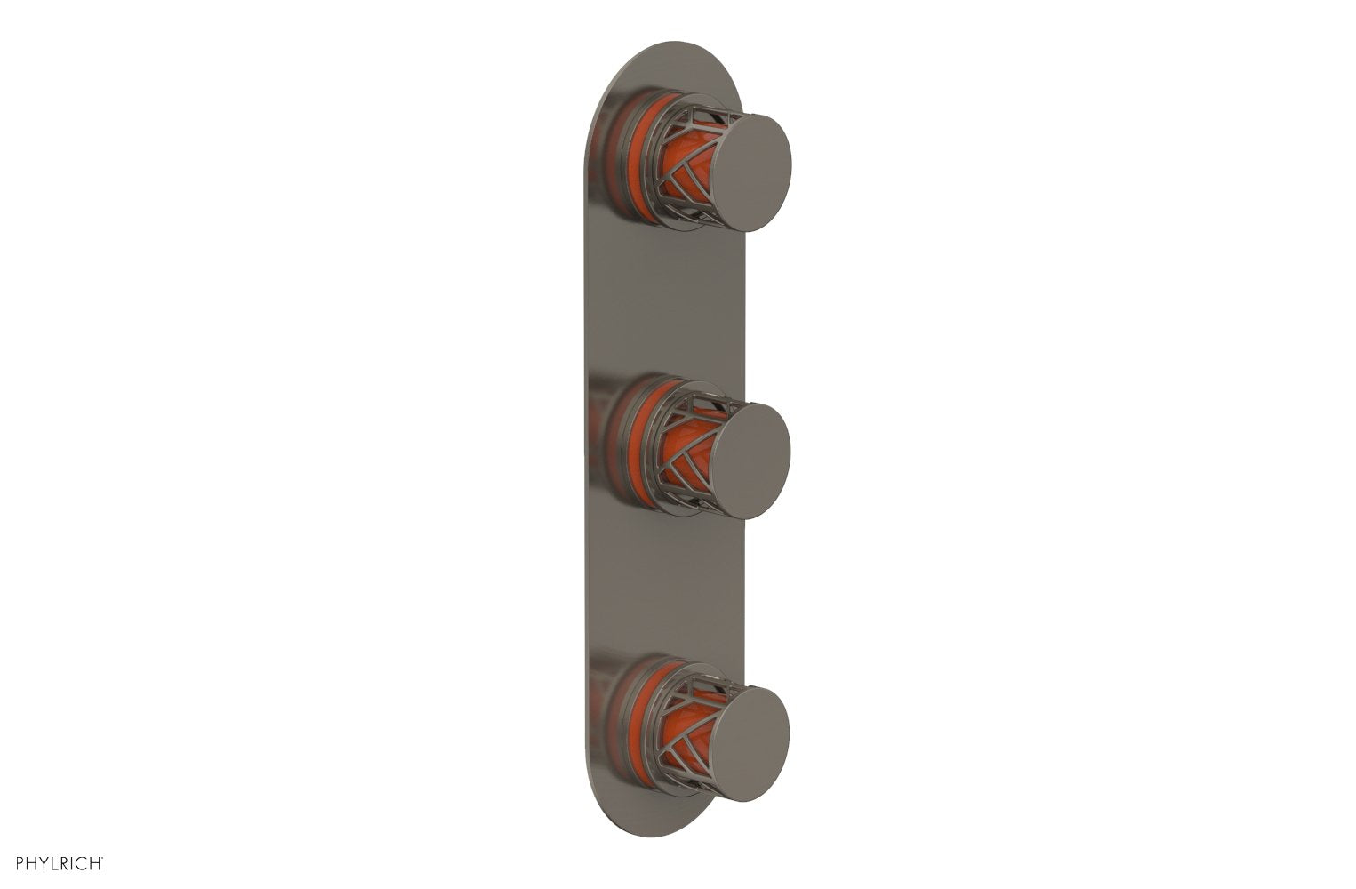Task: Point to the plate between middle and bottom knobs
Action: pos(667,587)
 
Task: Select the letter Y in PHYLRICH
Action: pos(44,862)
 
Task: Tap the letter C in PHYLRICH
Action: pos(83,862)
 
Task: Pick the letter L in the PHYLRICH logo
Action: pos(55,862)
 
